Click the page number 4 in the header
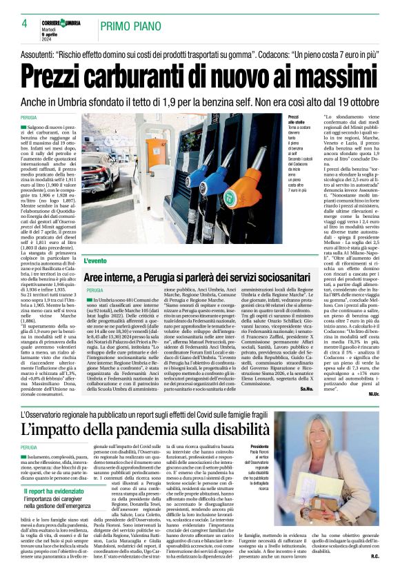coord(14,25)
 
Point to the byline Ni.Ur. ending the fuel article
coord(374,394)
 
